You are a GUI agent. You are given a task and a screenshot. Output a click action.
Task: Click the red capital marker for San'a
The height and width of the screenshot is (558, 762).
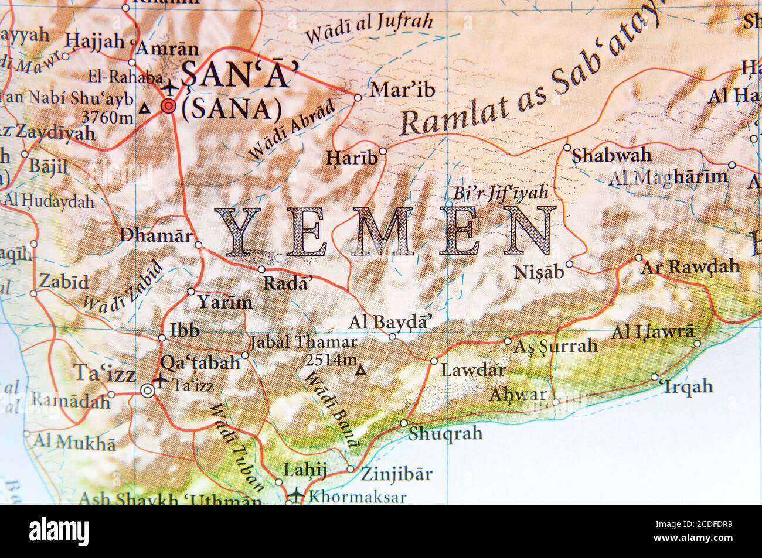169,106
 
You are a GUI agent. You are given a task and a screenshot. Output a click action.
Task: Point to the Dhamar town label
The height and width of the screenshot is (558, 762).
155,235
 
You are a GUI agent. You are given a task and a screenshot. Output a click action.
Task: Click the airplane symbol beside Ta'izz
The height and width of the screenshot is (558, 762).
159,381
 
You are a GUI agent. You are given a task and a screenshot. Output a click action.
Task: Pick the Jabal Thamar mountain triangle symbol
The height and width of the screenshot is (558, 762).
362,370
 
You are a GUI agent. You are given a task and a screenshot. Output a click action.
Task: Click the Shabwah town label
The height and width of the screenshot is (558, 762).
611,156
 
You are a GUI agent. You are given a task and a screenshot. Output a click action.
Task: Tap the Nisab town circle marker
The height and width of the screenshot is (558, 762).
569,265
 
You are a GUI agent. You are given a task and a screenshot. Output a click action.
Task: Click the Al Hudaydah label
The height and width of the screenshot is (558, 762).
49,203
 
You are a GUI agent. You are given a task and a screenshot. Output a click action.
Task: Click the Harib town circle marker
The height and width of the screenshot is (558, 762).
383,151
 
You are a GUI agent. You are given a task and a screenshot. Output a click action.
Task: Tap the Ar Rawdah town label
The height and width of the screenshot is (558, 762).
690,268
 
